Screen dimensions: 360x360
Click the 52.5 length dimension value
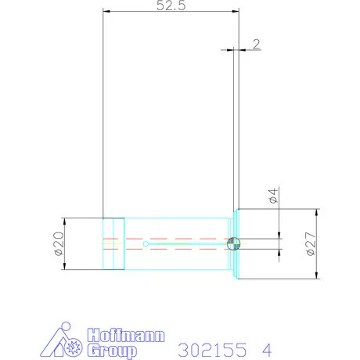click(171, 6)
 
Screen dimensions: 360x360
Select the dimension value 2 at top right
click(256, 45)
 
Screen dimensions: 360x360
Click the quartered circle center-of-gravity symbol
click(233, 243)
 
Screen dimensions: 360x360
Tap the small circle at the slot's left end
click(147, 243)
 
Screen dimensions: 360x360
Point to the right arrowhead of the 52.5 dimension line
click(236, 12)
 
